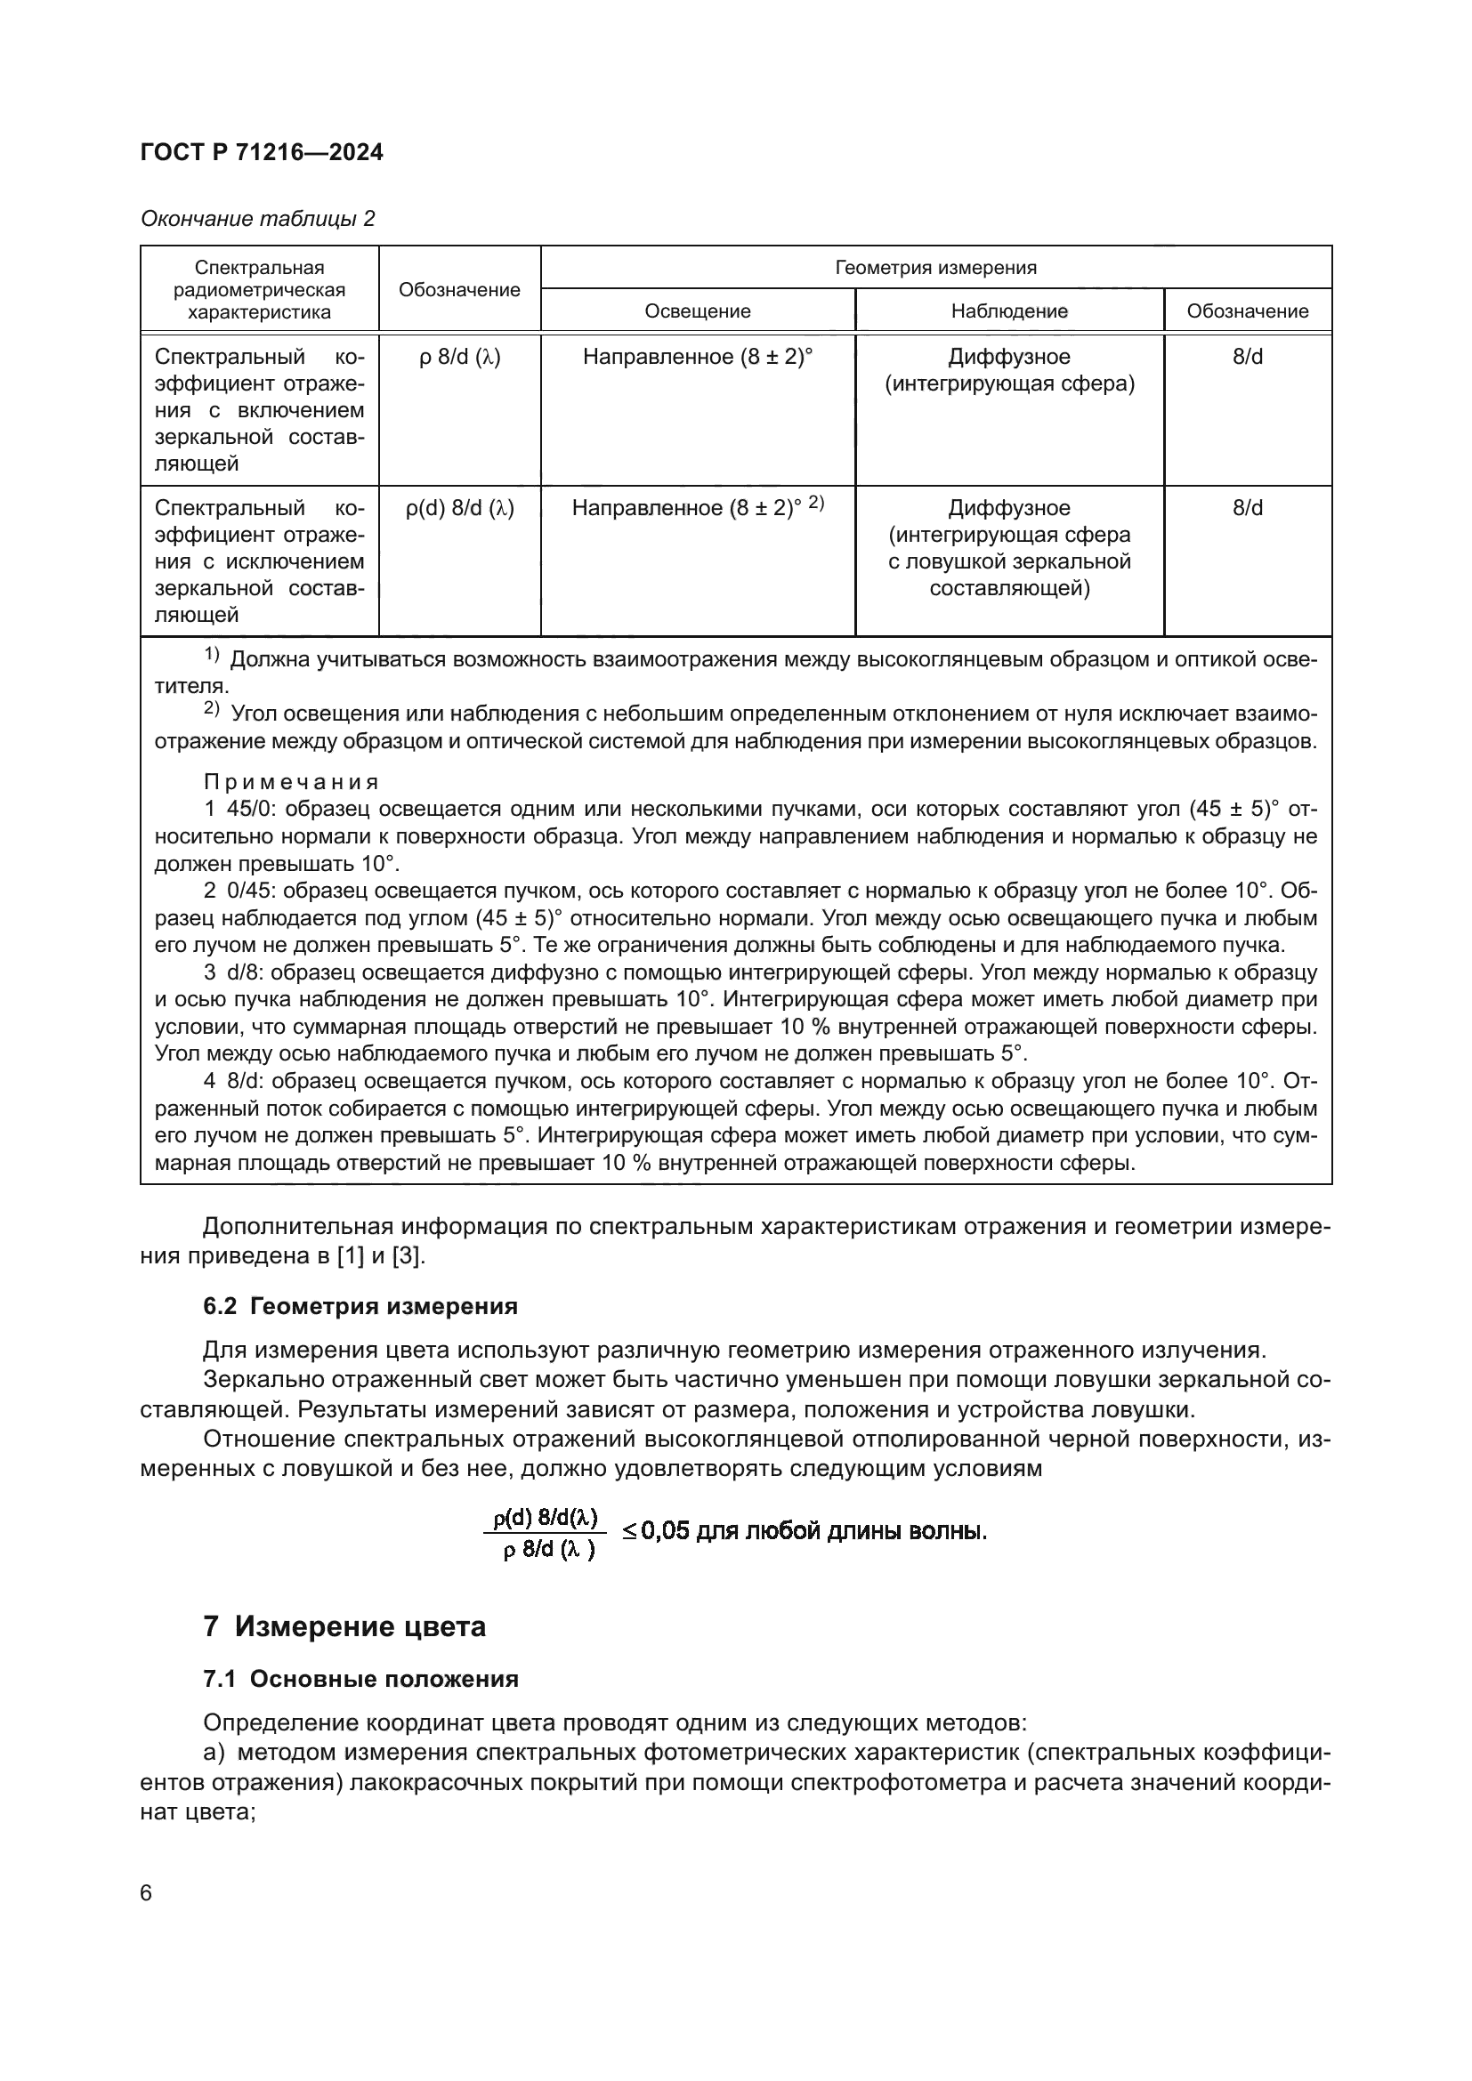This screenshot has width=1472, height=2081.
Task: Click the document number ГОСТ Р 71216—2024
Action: (262, 152)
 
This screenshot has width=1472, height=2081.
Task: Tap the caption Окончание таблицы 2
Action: (257, 219)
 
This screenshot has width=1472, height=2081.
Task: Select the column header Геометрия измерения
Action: (935, 268)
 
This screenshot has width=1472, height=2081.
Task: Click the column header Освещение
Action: (697, 311)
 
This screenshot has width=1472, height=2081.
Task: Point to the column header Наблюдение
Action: (1009, 311)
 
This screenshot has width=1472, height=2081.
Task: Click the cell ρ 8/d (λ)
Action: (459, 357)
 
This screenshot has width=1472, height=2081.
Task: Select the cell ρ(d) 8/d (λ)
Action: (459, 509)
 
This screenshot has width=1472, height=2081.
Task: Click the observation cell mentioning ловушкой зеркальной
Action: (1009, 548)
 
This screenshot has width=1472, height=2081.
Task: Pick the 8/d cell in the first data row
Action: (1247, 357)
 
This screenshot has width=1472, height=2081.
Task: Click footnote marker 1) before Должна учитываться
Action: (211, 655)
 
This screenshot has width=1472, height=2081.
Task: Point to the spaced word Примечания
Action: (290, 781)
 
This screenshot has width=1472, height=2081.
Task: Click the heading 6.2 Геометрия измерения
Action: (360, 1306)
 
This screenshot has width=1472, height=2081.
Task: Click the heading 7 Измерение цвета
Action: (344, 1626)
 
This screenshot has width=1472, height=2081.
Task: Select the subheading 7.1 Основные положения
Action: (360, 1679)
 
